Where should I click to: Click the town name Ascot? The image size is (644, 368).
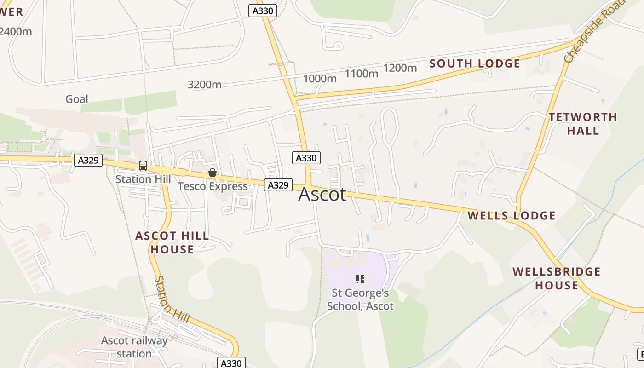[322, 195]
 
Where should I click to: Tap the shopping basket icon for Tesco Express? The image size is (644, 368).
[213, 173]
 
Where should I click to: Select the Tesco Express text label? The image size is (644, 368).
[213, 186]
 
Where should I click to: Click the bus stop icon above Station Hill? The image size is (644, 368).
[143, 166]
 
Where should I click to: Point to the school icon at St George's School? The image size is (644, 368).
[360, 279]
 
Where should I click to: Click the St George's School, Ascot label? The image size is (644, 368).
[360, 299]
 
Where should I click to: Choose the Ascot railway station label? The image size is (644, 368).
[134, 347]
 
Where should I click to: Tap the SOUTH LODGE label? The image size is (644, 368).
[475, 63]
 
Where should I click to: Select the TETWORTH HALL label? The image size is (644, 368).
[583, 124]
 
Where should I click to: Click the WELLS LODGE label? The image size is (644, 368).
[512, 215]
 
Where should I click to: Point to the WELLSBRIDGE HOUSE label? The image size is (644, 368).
[557, 278]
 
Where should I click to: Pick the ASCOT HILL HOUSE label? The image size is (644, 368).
[172, 242]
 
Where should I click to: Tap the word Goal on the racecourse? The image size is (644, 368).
[77, 99]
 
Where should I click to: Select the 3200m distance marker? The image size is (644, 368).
[204, 85]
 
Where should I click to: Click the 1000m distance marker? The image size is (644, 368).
[320, 79]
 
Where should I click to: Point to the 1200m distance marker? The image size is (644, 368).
[400, 68]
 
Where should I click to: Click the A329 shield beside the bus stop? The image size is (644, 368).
[88, 160]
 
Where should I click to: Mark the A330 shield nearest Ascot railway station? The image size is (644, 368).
[231, 363]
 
